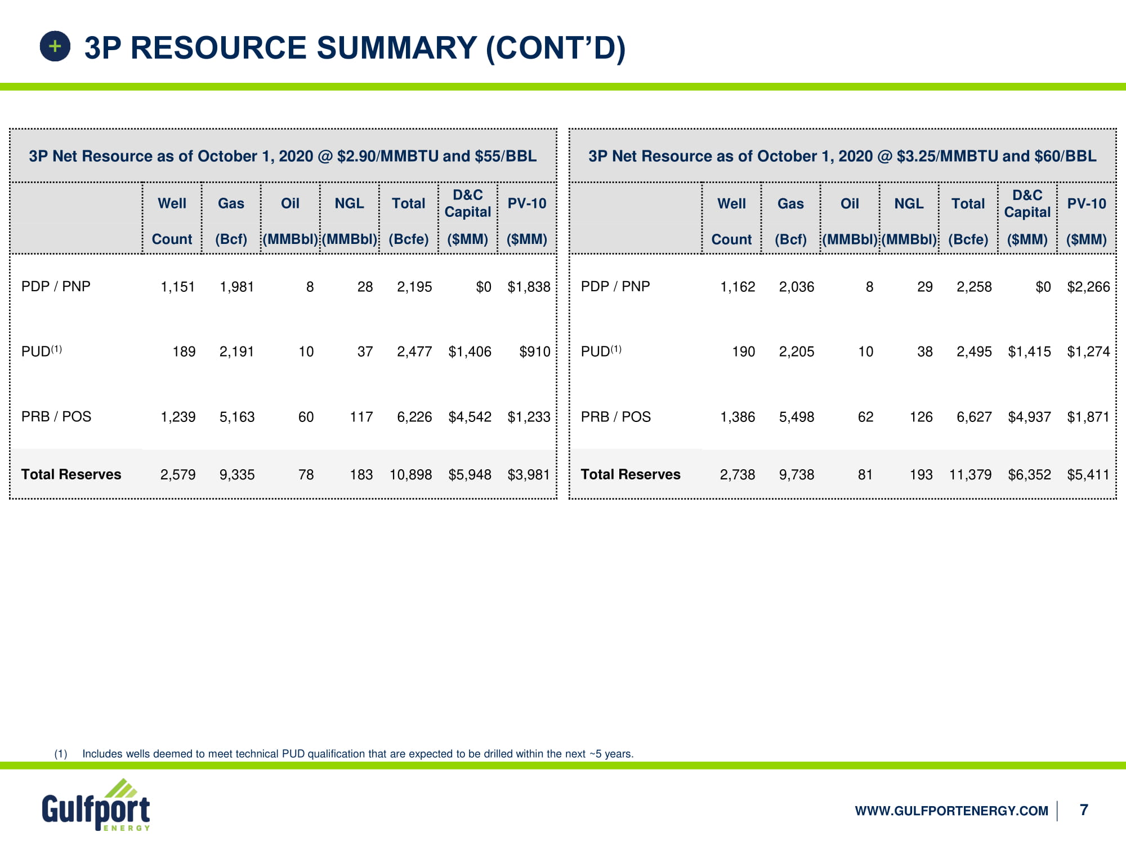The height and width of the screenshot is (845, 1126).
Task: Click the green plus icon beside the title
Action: tap(55, 46)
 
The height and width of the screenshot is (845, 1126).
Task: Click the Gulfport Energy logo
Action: tap(96, 806)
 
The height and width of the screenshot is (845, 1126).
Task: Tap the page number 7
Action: tap(1084, 810)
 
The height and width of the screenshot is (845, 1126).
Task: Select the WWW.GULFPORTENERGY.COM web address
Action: tap(951, 811)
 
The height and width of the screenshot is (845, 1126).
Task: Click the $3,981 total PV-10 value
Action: tap(528, 474)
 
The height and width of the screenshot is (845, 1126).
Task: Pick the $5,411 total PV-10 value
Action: tap(1088, 474)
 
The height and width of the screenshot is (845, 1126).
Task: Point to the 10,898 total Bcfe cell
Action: tap(410, 474)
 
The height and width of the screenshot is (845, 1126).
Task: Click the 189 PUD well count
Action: tap(184, 352)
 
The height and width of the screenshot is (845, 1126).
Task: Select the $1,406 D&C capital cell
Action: tap(470, 352)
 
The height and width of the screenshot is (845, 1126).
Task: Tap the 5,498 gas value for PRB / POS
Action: tap(796, 417)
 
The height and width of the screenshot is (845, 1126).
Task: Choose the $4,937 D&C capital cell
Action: tap(1029, 417)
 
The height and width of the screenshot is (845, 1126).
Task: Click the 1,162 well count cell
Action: tap(738, 287)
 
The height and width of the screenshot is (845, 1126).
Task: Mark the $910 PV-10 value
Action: tap(534, 352)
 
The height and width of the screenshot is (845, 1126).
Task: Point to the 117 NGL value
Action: tap(361, 417)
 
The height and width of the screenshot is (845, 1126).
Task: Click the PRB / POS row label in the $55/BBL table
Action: tap(56, 416)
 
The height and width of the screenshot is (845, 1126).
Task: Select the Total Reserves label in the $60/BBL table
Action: tap(631, 474)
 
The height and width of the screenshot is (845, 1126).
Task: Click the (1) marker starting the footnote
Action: tap(61, 754)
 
